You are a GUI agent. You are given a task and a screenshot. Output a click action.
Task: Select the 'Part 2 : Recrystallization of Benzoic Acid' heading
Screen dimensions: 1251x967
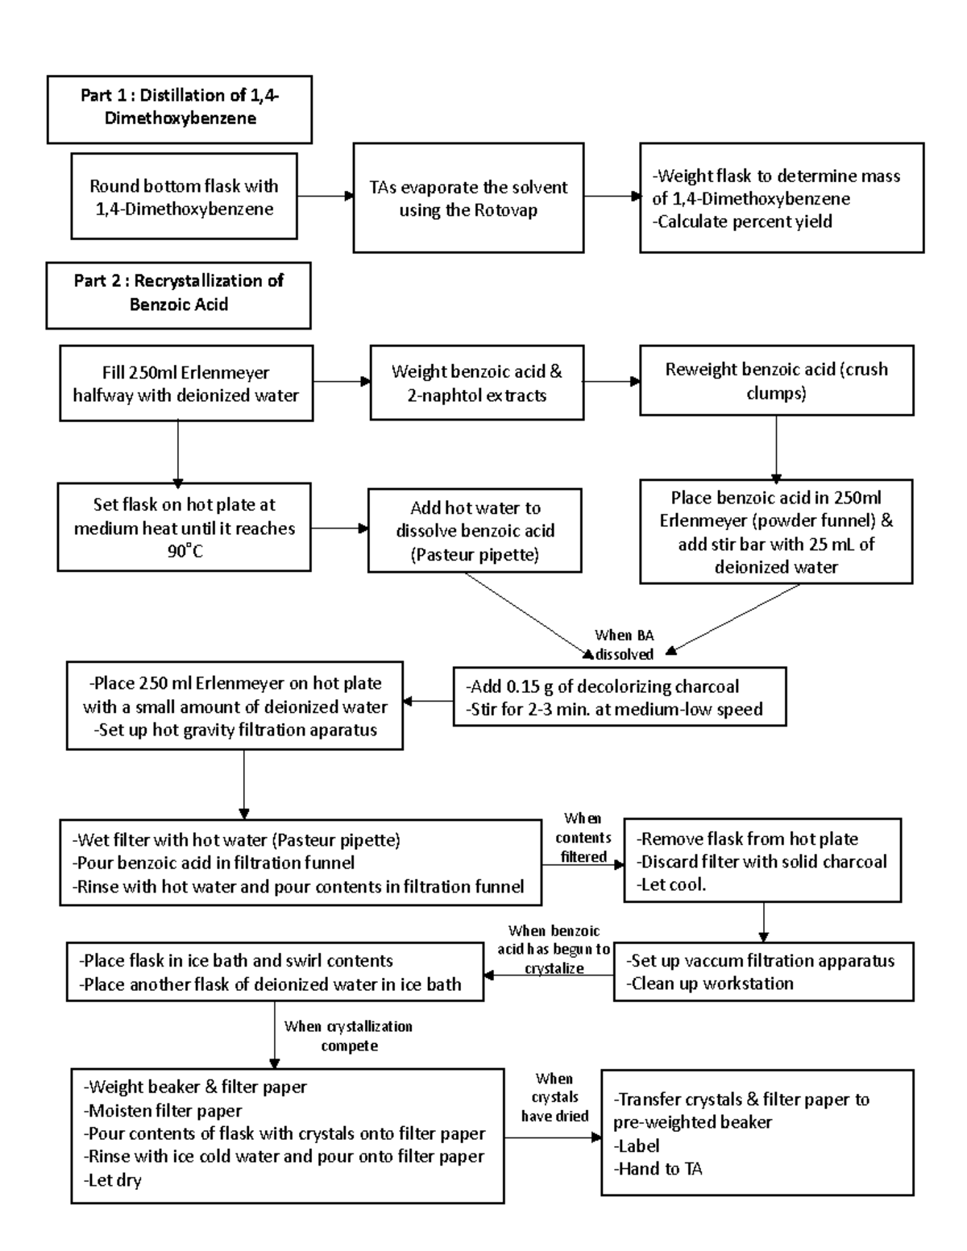(x=178, y=292)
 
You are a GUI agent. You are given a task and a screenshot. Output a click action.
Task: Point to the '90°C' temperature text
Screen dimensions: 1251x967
(x=185, y=552)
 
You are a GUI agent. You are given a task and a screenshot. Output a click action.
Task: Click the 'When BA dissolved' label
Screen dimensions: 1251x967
(x=624, y=645)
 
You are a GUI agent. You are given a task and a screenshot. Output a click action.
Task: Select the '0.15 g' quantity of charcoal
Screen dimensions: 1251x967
(x=532, y=686)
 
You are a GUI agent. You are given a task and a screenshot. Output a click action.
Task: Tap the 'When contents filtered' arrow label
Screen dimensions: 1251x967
(x=583, y=838)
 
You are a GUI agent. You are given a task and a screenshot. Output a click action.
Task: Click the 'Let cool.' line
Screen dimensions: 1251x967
(x=674, y=884)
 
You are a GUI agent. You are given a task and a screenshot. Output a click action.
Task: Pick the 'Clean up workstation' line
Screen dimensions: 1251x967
(x=712, y=984)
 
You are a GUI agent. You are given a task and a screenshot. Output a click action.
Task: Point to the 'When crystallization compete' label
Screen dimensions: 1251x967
(x=348, y=1036)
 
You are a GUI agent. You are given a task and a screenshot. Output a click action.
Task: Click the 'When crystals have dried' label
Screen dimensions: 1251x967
(x=554, y=1097)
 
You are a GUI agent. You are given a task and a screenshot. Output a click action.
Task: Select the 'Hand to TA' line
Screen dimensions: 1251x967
(x=659, y=1169)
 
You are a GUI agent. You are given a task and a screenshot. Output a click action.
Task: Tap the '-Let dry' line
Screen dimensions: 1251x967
(x=114, y=1180)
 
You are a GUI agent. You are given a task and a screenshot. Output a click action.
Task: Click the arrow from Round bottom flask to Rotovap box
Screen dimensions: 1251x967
(x=326, y=196)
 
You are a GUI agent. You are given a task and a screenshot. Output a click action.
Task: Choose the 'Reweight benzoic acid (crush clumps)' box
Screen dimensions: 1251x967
(x=776, y=380)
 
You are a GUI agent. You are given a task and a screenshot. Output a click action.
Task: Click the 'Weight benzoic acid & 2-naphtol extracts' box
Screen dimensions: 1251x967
(x=476, y=383)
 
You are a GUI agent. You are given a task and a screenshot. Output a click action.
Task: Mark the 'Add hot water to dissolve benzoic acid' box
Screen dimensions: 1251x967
(x=475, y=531)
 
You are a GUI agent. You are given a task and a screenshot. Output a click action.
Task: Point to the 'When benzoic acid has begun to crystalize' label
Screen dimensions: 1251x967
(x=554, y=950)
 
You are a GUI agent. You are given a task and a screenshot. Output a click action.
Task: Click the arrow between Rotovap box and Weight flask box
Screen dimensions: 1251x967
(x=612, y=196)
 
